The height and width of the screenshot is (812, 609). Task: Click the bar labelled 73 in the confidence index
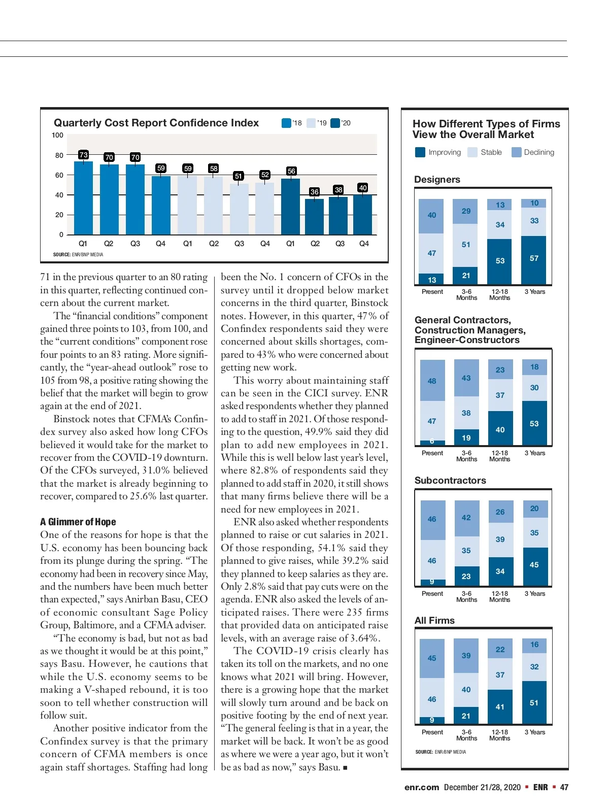tap(83, 198)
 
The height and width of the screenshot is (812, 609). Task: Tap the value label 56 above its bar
tap(291, 171)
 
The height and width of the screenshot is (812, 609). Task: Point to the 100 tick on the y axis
tap(57, 136)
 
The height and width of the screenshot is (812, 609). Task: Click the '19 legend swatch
tap(312, 123)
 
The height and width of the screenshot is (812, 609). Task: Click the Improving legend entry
tap(438, 152)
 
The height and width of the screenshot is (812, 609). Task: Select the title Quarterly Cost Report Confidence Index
tap(156, 123)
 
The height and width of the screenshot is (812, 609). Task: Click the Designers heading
tap(437, 180)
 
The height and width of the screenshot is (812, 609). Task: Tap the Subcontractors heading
tap(450, 481)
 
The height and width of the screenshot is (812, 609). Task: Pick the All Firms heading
tap(434, 621)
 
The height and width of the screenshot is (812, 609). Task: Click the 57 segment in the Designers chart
tap(534, 259)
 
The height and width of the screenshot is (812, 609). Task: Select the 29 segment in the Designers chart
tap(466, 211)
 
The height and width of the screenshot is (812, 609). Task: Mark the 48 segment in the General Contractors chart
tap(432, 381)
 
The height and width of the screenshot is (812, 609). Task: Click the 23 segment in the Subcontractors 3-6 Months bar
tap(466, 577)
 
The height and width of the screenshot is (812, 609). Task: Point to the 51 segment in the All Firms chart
tap(534, 703)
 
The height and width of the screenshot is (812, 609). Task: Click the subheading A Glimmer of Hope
tap(78, 522)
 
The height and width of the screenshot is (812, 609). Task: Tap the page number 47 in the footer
tap(564, 787)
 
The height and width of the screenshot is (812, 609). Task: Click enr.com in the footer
tap(421, 787)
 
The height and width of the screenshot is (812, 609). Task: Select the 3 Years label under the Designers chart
tap(534, 292)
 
